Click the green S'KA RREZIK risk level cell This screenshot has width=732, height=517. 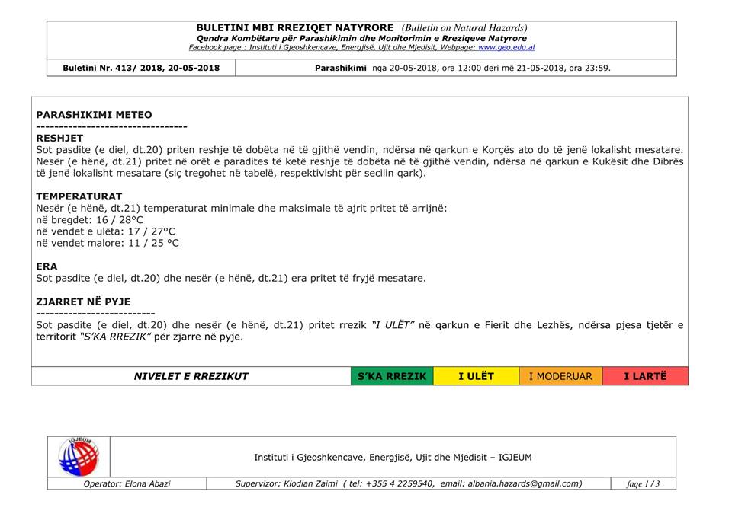(393, 376)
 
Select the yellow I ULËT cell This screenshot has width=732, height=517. (476, 376)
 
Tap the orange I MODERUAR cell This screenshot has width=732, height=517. (560, 376)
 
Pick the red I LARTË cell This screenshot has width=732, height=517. (645, 376)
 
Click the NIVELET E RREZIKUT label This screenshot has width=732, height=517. (191, 376)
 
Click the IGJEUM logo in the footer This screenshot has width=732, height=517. (79, 457)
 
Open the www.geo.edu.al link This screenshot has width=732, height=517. (506, 47)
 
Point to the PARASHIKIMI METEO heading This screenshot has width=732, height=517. (94, 115)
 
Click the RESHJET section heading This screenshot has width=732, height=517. (59, 138)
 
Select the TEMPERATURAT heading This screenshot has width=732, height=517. (79, 196)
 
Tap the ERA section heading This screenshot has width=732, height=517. (47, 266)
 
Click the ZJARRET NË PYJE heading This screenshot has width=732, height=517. (82, 302)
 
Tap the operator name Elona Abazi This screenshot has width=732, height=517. (148, 483)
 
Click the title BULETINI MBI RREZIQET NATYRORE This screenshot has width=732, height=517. (295, 28)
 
